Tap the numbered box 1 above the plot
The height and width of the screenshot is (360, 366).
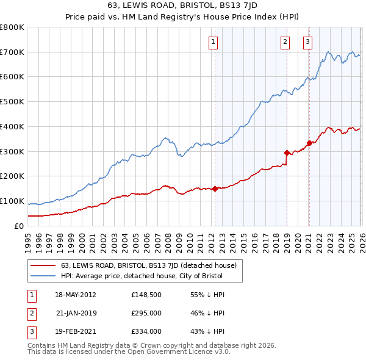pyautogui.click(x=213, y=41)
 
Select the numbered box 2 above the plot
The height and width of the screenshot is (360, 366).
pyautogui.click(x=285, y=41)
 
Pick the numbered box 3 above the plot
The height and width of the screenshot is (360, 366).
pyautogui.click(x=307, y=41)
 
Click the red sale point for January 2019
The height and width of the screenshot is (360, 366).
pyautogui.click(x=287, y=153)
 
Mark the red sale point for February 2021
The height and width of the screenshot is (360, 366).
pyautogui.click(x=309, y=143)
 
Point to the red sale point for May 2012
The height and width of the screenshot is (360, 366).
pyautogui.click(x=215, y=189)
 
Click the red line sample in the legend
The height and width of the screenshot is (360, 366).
pyautogui.click(x=43, y=265)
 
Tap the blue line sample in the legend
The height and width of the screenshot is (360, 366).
pyautogui.click(x=43, y=276)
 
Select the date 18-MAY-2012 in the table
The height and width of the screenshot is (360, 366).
pyautogui.click(x=76, y=294)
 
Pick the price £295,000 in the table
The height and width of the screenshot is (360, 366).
pyautogui.click(x=146, y=313)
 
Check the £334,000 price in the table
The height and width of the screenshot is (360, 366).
pyautogui.click(x=146, y=332)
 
